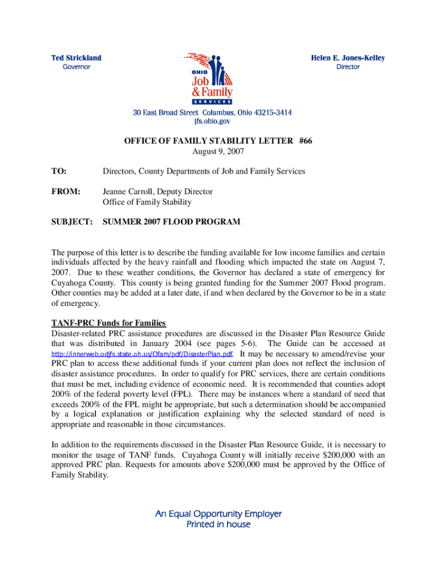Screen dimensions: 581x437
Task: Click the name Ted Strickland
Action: click(x=77, y=58)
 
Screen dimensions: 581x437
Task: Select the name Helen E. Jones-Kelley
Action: click(x=348, y=58)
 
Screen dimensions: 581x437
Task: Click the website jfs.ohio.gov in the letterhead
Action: click(x=212, y=121)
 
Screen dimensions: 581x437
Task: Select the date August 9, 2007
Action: click(x=218, y=151)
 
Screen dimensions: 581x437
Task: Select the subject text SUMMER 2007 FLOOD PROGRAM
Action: click(x=171, y=222)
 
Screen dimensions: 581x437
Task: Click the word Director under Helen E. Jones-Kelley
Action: click(x=348, y=67)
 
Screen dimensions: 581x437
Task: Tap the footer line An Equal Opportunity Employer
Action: click(x=218, y=514)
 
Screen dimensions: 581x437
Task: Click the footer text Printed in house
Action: click(x=218, y=524)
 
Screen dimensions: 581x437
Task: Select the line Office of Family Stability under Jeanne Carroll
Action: click(x=146, y=202)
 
